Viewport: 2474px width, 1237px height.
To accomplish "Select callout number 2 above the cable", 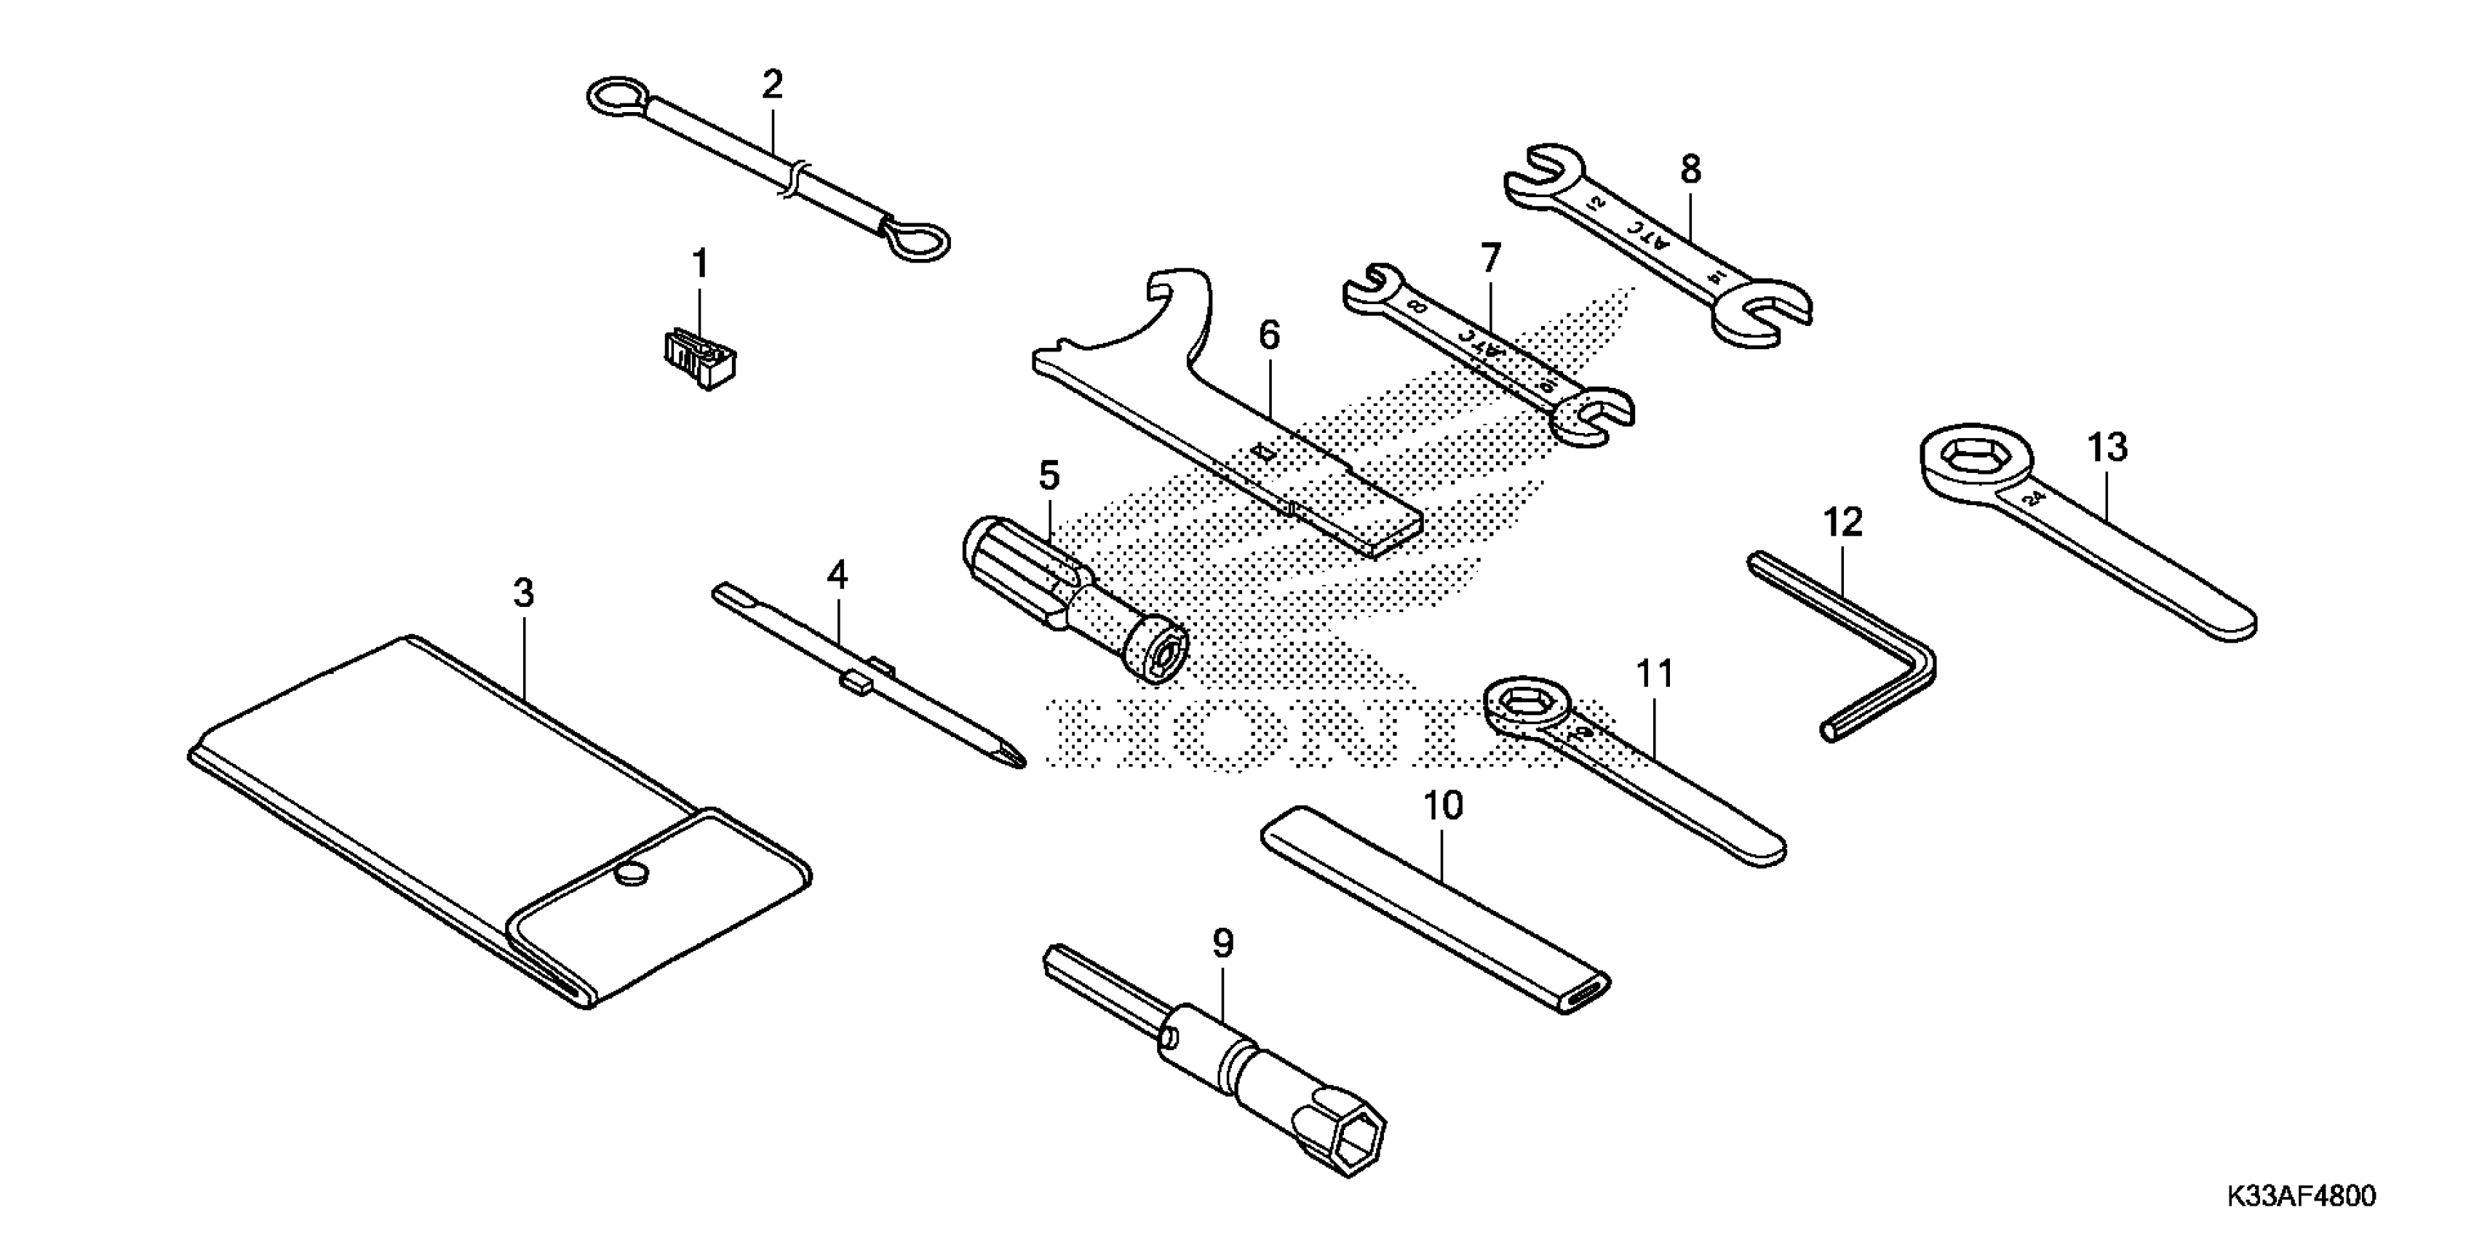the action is point(772,85).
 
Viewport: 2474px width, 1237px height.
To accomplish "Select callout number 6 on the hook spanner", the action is point(1269,335).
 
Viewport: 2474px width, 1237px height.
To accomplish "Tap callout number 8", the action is point(1691,170).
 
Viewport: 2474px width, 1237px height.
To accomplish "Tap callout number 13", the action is point(2107,448).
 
